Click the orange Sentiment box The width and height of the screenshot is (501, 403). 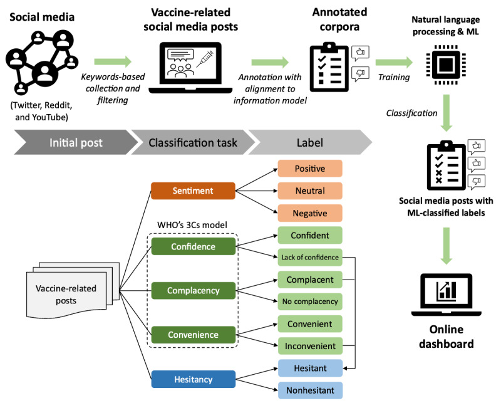click(x=194, y=191)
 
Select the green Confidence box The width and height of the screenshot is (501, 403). click(x=194, y=246)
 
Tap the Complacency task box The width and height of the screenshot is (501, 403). click(x=194, y=291)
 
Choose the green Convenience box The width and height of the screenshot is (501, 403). click(x=194, y=335)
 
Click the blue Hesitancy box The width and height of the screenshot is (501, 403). click(x=194, y=379)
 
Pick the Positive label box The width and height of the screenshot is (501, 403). click(x=311, y=169)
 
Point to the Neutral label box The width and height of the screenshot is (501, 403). click(x=311, y=191)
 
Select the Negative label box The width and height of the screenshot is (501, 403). click(x=311, y=213)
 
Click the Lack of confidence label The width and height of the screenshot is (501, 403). click(x=311, y=258)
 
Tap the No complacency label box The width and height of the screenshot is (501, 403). click(x=311, y=301)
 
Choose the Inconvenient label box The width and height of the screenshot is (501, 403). click(x=311, y=345)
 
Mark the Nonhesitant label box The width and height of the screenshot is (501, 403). click(x=311, y=390)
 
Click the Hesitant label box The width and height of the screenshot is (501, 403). click(x=311, y=368)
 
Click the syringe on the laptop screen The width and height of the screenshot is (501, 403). click(x=202, y=63)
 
